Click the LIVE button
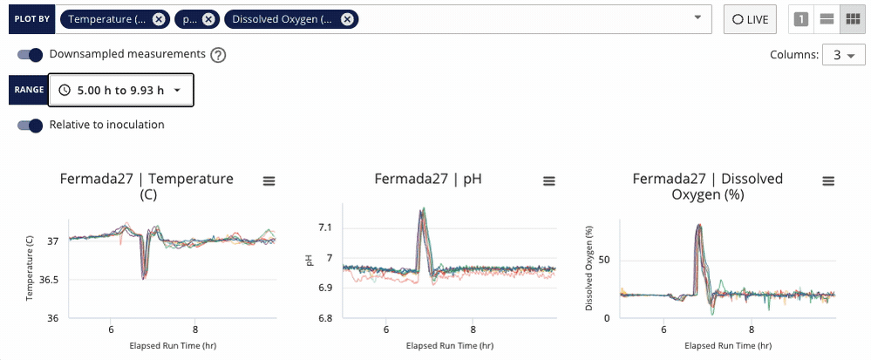[x=750, y=19]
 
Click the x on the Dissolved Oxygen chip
[x=347, y=19]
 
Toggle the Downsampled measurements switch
[x=31, y=55]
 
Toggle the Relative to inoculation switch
[x=31, y=125]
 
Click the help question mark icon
[x=218, y=55]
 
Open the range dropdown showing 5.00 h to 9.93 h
[x=120, y=90]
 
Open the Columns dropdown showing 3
[x=841, y=55]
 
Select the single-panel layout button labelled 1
[x=800, y=19]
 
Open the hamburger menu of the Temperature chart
[x=269, y=180]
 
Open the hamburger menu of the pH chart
[x=548, y=180]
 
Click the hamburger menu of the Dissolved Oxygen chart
[x=828, y=180]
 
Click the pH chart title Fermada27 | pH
[x=427, y=180]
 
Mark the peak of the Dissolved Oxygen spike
[x=699, y=226]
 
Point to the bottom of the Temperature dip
[x=143, y=278]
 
